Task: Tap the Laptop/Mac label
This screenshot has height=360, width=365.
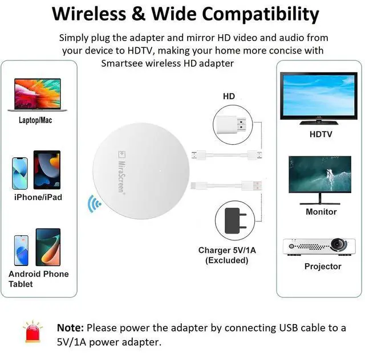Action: click(35, 120)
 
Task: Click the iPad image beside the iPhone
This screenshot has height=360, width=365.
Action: click(47, 170)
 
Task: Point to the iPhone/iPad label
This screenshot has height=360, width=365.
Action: click(38, 197)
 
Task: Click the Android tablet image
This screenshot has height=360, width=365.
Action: click(48, 246)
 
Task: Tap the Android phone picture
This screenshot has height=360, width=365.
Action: click(22, 249)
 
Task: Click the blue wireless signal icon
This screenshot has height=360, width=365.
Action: click(94, 203)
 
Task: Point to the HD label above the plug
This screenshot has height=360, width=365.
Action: click(229, 96)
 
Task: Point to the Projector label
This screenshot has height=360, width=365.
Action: click(323, 267)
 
